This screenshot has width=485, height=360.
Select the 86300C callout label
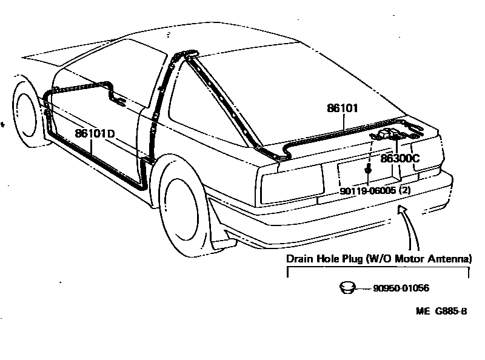pyautogui.click(x=400, y=159)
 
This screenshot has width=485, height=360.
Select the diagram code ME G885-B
pyautogui.click(x=441, y=312)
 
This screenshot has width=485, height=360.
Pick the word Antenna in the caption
pyautogui.click(x=451, y=259)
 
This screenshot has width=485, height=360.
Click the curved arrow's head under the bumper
pyautogui.click(x=400, y=208)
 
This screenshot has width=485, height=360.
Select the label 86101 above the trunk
pyautogui.click(x=343, y=108)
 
